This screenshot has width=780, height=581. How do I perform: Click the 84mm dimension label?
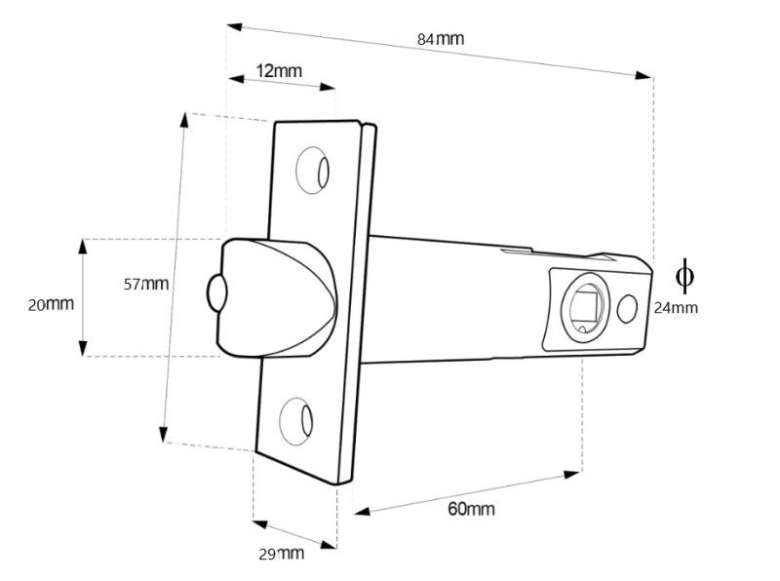[440, 39]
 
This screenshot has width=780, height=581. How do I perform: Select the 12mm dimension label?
[279, 70]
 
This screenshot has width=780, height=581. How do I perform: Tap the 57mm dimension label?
[146, 284]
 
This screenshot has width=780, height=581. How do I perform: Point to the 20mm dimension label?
[51, 304]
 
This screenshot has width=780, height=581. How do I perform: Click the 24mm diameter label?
[676, 307]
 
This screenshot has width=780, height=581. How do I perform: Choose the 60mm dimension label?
[471, 509]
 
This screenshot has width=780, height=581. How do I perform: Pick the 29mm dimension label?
[281, 554]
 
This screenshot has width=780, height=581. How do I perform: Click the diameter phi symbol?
[684, 276]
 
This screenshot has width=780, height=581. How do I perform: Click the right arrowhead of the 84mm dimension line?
[644, 75]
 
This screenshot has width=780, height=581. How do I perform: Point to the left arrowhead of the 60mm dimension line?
[360, 510]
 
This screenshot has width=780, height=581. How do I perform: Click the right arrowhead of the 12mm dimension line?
[329, 88]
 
